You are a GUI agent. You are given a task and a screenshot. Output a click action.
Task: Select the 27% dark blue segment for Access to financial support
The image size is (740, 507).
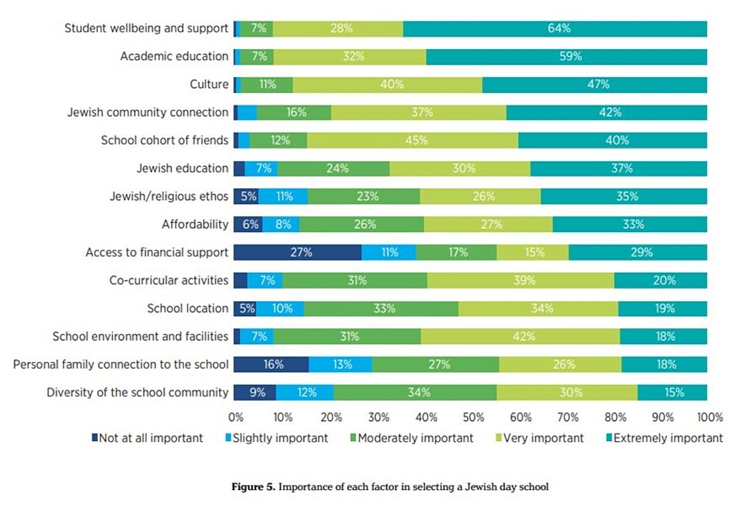pos(297,252)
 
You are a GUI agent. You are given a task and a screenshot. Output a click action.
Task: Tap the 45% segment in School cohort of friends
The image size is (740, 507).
pos(413,140)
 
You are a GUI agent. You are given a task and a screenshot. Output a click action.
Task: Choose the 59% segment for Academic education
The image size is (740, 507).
pos(567,57)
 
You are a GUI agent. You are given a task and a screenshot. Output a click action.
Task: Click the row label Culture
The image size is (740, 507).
pos(209,84)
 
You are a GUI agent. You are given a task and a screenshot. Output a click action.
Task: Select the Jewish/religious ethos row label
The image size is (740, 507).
pos(169,197)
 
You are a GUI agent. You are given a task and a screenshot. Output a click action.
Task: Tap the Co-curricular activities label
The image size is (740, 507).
pos(169,280)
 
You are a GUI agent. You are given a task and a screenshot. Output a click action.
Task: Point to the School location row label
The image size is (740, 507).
pos(187,308)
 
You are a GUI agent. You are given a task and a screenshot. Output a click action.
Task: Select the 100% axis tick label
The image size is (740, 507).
pos(710,417)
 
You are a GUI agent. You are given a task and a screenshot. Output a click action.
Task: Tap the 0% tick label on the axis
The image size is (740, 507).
pos(235,417)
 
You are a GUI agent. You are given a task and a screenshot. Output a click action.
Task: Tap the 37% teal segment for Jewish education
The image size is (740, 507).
pos(619,168)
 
